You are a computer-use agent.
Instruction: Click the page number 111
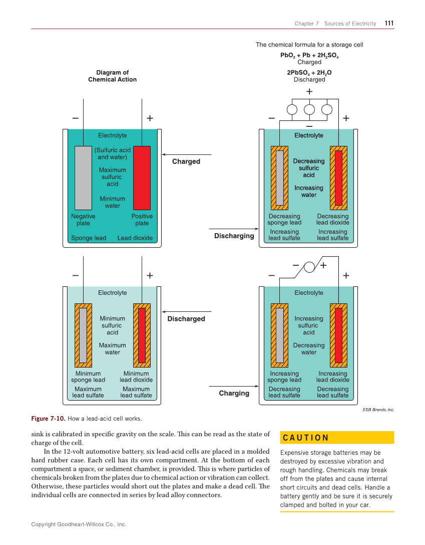(389, 23)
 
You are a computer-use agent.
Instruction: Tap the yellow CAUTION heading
(306, 438)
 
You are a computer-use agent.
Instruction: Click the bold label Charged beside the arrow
(186, 161)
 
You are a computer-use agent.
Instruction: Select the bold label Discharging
(234, 236)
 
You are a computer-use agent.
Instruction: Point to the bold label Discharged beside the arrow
(186, 319)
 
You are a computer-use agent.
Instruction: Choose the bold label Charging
(234, 393)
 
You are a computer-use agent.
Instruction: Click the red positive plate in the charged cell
(142, 177)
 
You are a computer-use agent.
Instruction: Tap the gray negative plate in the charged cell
(83, 177)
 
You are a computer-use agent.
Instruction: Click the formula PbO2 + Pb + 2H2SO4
(309, 55)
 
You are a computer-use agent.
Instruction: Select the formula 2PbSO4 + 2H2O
(309, 73)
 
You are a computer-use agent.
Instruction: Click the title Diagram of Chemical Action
(112, 76)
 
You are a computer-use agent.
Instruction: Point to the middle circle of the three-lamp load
(309, 110)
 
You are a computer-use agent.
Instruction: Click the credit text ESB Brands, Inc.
(378, 410)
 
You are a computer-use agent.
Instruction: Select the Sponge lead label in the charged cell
(89, 238)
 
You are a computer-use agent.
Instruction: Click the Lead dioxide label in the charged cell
(135, 238)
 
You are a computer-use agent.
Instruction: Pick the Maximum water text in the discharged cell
(112, 348)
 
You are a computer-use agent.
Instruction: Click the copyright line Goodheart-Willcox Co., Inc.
(79, 524)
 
